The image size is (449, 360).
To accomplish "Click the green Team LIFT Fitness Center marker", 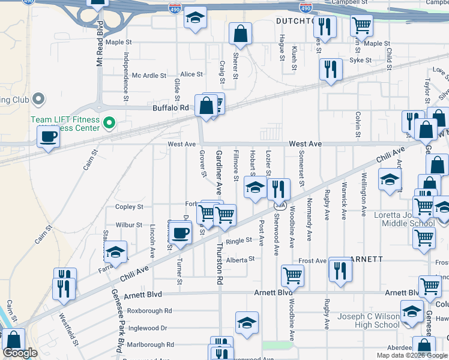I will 109,124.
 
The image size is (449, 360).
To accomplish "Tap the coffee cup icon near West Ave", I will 48,136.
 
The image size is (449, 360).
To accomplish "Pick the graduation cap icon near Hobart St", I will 255,188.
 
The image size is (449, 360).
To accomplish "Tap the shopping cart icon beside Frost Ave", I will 292,275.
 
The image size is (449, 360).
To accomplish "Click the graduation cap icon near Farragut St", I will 115,251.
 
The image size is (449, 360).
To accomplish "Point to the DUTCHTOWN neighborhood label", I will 296,21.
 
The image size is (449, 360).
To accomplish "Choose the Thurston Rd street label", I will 220,263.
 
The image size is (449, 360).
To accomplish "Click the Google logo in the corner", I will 20,353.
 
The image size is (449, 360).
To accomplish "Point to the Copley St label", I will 129,207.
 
